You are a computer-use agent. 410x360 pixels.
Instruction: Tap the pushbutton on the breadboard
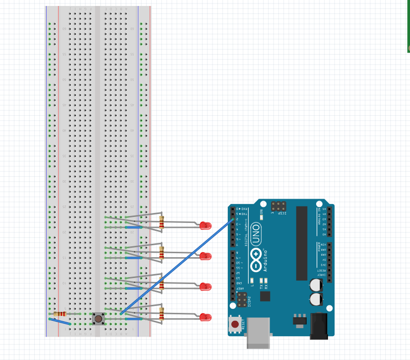[99, 318]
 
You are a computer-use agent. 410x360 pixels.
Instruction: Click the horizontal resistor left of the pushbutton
[61, 314]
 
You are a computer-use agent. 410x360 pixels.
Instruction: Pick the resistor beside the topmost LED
[161, 222]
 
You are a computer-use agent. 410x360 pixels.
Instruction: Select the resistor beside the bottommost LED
[161, 314]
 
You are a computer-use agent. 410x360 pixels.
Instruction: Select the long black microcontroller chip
[302, 243]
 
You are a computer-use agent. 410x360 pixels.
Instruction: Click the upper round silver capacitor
[315, 285]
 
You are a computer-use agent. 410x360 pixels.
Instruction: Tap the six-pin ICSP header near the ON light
[278, 205]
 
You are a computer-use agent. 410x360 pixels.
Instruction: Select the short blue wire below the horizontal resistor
[60, 322]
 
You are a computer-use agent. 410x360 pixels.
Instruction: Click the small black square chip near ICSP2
[265, 296]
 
